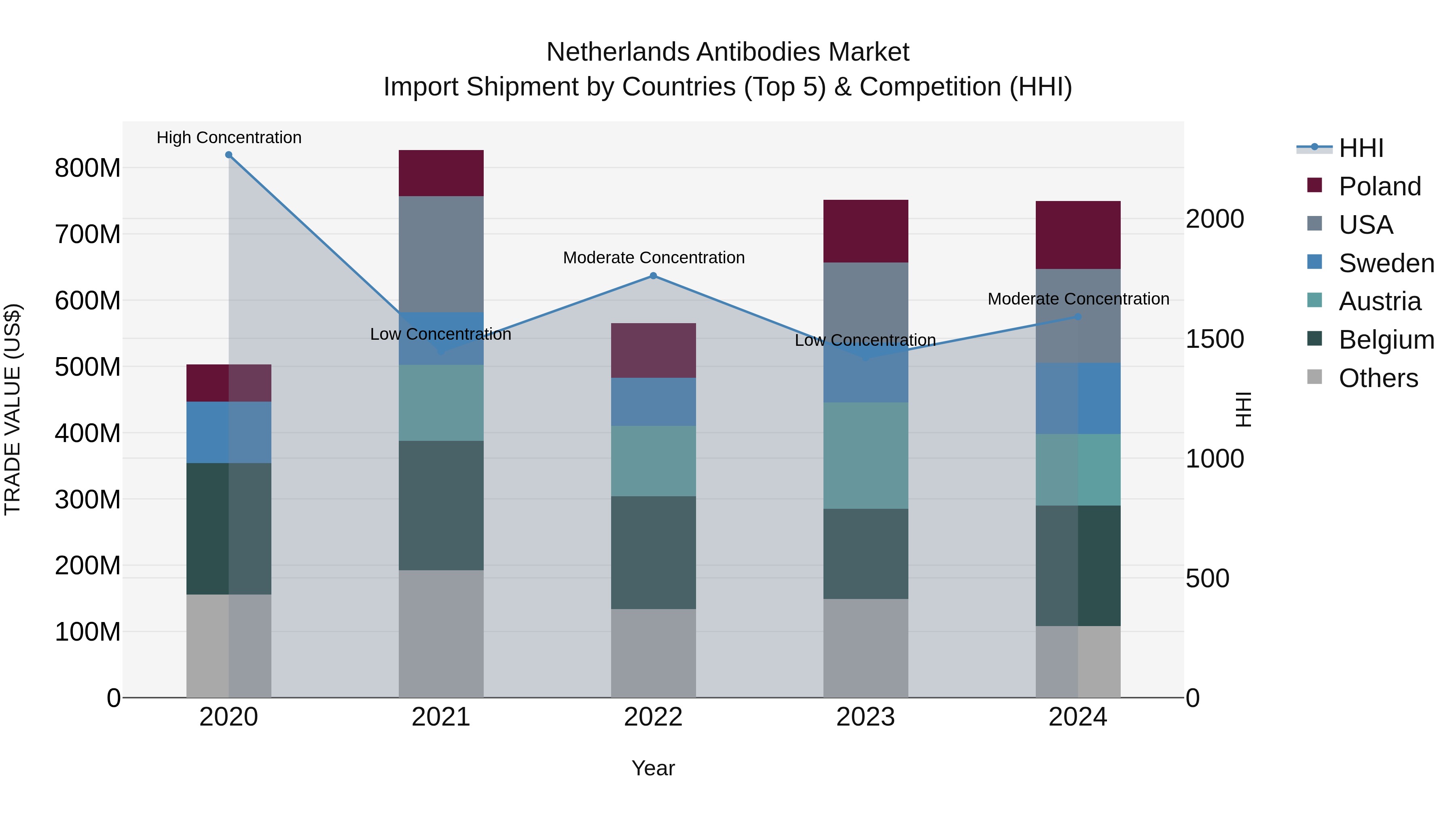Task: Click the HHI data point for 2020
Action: (229, 155)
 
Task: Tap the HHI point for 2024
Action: (1077, 317)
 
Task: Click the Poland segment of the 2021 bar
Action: (441, 173)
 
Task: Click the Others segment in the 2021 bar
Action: (441, 633)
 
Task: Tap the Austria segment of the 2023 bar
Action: (866, 455)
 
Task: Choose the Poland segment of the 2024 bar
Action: (1077, 235)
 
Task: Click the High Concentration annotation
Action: (229, 138)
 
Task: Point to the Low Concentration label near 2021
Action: (440, 334)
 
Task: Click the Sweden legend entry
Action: (1386, 263)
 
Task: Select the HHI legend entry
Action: (1361, 148)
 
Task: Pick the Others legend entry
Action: (1378, 378)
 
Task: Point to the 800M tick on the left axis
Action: (88, 168)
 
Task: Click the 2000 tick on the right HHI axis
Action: (1214, 219)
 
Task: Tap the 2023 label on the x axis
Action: (866, 717)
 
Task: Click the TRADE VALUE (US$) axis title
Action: (13, 409)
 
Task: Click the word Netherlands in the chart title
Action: (618, 52)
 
